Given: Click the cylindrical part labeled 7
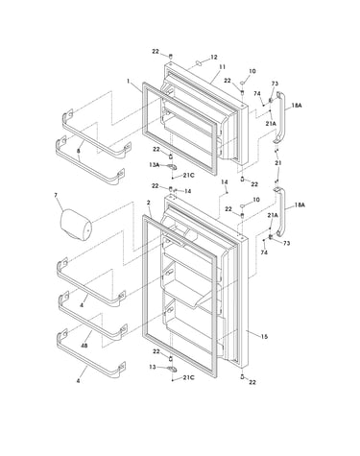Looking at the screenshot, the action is coord(76,225).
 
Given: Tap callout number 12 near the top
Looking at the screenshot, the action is coord(214,58).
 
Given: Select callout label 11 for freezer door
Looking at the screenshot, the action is coord(222,67).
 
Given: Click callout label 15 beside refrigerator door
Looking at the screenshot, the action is coord(264,337).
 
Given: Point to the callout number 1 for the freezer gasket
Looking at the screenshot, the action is coord(128,82).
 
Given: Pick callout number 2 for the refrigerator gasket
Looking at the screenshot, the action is coord(148,203).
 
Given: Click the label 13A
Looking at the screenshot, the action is coord(155,165).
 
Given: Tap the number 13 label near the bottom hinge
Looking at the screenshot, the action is coord(153,367).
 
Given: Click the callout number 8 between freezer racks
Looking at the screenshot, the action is coord(79,151).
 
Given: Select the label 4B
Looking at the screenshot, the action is coord(84,346).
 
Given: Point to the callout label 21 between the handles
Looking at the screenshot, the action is coord(278,163).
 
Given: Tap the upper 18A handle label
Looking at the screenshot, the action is coord(297,106).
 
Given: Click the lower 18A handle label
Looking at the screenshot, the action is coord(300,204).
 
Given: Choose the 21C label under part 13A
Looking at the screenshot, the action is coord(188,176).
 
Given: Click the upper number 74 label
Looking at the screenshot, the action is coord(257,93).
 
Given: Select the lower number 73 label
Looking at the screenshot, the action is coord(286,243).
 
